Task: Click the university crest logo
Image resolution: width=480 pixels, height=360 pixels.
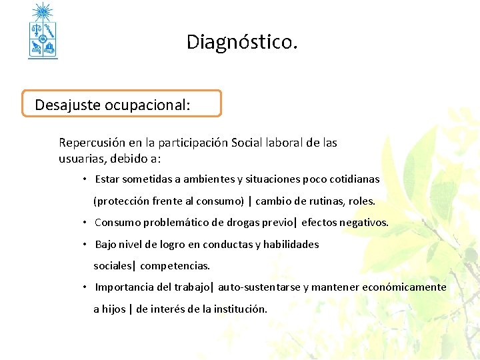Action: [x=43, y=31]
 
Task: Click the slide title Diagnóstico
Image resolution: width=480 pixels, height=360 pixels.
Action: [x=241, y=43]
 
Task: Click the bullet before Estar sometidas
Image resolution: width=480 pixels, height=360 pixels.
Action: [x=85, y=179]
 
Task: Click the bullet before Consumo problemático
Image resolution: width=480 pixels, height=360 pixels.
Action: [x=85, y=223]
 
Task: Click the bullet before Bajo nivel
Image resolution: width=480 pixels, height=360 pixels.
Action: [x=85, y=244]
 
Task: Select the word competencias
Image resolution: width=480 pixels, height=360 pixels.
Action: [x=175, y=266]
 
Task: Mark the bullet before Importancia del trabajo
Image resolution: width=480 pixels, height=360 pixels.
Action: [x=85, y=287]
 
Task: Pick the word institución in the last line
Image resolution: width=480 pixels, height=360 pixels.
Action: [x=239, y=309]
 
